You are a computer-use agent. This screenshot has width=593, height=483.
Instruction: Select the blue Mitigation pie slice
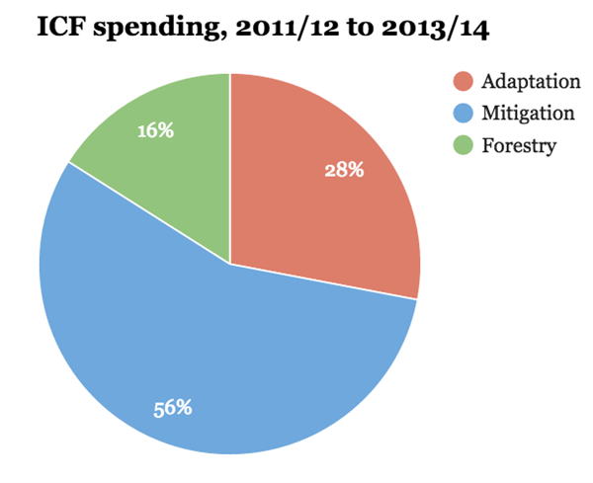[x=217, y=356]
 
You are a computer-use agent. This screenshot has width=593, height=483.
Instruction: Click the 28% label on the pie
[x=344, y=170]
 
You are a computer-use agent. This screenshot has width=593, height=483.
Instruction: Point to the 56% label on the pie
[x=172, y=407]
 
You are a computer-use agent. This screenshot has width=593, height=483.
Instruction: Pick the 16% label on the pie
[x=155, y=129]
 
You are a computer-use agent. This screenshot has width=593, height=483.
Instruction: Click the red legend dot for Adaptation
[x=462, y=81]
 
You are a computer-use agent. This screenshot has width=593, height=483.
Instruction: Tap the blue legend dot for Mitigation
[x=462, y=114]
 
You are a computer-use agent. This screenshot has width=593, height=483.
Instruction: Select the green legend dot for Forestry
[x=462, y=146]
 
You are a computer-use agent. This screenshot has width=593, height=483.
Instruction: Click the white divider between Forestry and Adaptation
[x=230, y=168]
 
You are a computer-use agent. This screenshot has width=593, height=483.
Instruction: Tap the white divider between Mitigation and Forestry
[x=149, y=213]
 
